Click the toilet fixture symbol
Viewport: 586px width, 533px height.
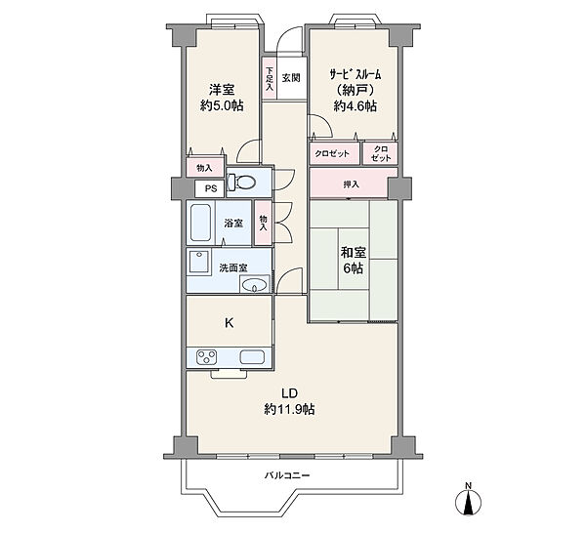pyautogui.click(x=242, y=182)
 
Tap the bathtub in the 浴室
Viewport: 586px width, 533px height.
pyautogui.click(x=200, y=223)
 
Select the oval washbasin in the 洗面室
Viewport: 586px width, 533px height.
pyautogui.click(x=255, y=285)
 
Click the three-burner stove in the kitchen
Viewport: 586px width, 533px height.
pyautogui.click(x=207, y=356)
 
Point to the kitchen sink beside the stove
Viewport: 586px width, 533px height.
pyautogui.click(x=252, y=356)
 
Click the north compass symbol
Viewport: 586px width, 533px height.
pyautogui.click(x=468, y=500)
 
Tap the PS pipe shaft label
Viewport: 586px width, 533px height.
pyautogui.click(x=211, y=188)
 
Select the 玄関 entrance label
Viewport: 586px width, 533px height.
pyautogui.click(x=291, y=78)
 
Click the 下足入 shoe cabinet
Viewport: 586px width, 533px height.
pyautogui.click(x=270, y=78)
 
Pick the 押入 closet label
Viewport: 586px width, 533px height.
pyautogui.click(x=352, y=184)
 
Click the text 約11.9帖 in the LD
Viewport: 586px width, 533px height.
pyautogui.click(x=289, y=409)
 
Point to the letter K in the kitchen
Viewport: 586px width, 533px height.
pyautogui.click(x=230, y=322)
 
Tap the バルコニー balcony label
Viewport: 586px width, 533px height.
pyautogui.click(x=287, y=475)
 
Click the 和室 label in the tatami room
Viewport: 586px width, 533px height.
pyautogui.click(x=354, y=253)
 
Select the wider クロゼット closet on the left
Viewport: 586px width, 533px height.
pyautogui.click(x=334, y=153)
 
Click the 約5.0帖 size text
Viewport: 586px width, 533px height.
pyautogui.click(x=222, y=105)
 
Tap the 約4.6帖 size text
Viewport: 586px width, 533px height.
pyautogui.click(x=356, y=106)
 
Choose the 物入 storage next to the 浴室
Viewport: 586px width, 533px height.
pyautogui.click(x=263, y=223)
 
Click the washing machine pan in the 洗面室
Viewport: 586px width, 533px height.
pyautogui.click(x=199, y=261)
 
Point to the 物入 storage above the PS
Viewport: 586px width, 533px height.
pyautogui.click(x=205, y=168)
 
